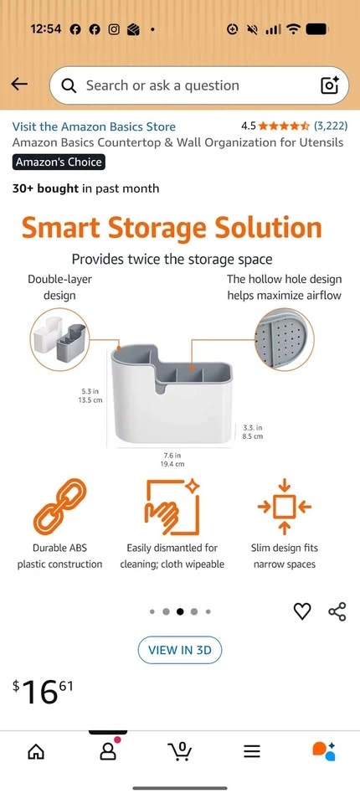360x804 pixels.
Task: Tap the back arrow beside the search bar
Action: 19,85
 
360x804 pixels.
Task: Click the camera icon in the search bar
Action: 330,85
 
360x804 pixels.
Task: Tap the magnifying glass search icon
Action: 69,85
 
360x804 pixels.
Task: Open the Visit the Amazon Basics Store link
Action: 94,126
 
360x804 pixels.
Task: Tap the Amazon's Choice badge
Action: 59,162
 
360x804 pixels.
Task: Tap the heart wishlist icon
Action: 302,611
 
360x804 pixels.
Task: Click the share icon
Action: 337,611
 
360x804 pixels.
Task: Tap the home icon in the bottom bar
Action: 35,752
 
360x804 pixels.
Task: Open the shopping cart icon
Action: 179,751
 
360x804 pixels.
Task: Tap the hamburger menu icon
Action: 252,752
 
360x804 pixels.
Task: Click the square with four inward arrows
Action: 285,507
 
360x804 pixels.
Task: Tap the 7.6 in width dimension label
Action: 172,455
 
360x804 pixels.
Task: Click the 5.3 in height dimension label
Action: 89,392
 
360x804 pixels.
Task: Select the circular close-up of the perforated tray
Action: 285,338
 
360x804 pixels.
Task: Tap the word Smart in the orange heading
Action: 58,228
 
